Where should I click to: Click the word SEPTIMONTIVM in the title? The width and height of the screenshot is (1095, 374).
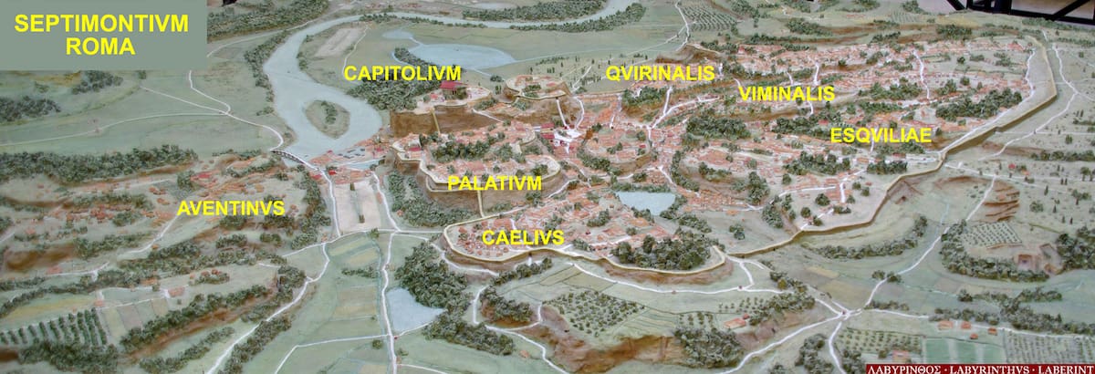pos(100,25)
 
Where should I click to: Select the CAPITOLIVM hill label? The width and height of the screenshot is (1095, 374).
pos(402,73)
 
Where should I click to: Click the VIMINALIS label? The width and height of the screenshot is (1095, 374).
pos(787,94)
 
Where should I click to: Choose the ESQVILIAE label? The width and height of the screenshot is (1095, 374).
pos(881,135)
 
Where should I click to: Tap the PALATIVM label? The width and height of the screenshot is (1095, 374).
pos(495,183)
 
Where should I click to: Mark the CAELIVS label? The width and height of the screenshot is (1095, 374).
pos(522,238)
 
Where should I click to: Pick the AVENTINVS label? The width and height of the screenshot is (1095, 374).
pos(231,208)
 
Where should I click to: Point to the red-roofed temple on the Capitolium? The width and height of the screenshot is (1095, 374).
pos(448,88)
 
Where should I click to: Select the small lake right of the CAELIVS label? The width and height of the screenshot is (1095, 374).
pos(646,201)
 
